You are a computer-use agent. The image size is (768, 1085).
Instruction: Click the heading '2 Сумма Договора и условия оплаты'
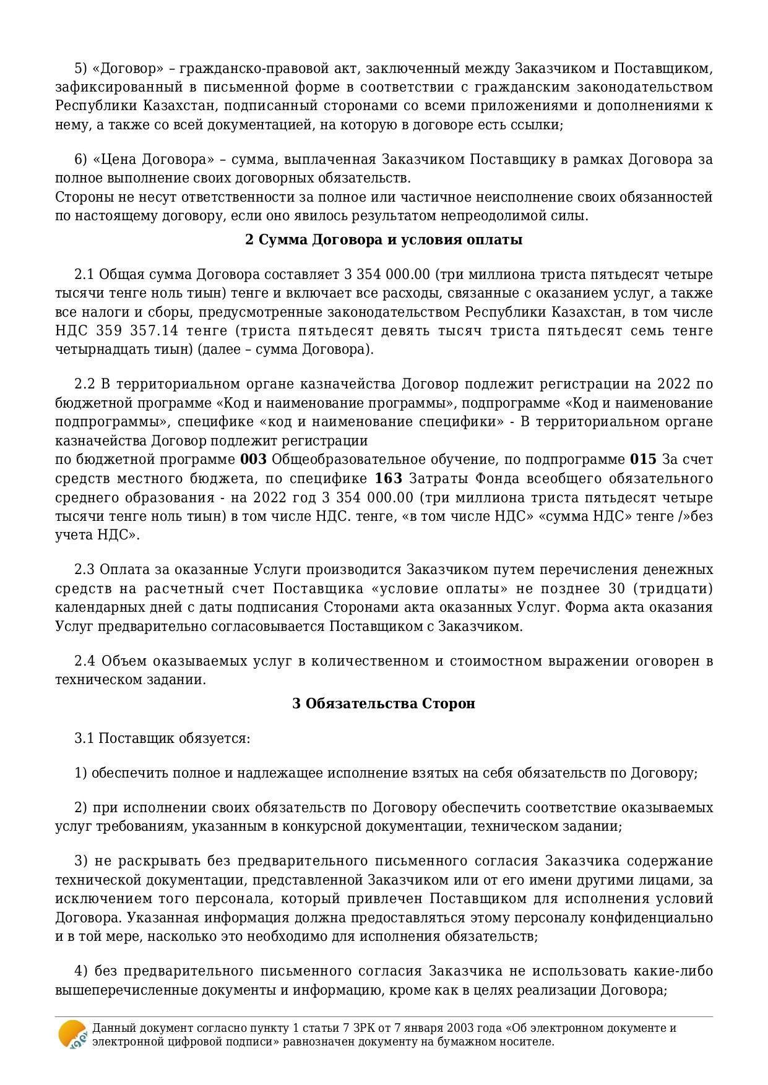click(384, 239)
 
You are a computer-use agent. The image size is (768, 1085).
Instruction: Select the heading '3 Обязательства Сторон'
click(384, 703)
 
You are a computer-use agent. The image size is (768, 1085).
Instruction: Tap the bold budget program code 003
click(253, 460)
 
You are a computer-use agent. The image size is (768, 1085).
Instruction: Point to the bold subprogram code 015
click(642, 460)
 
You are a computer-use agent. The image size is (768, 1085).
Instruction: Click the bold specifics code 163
click(389, 479)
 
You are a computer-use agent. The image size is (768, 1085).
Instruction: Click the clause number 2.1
click(84, 274)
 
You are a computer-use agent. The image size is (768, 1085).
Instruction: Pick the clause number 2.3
click(84, 569)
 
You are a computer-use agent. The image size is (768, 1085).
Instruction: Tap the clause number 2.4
click(84, 661)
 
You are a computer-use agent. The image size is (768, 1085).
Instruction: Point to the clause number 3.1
click(84, 739)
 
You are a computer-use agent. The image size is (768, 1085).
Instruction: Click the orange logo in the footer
click(72, 1034)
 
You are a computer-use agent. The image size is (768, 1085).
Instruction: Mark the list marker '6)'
click(81, 160)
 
